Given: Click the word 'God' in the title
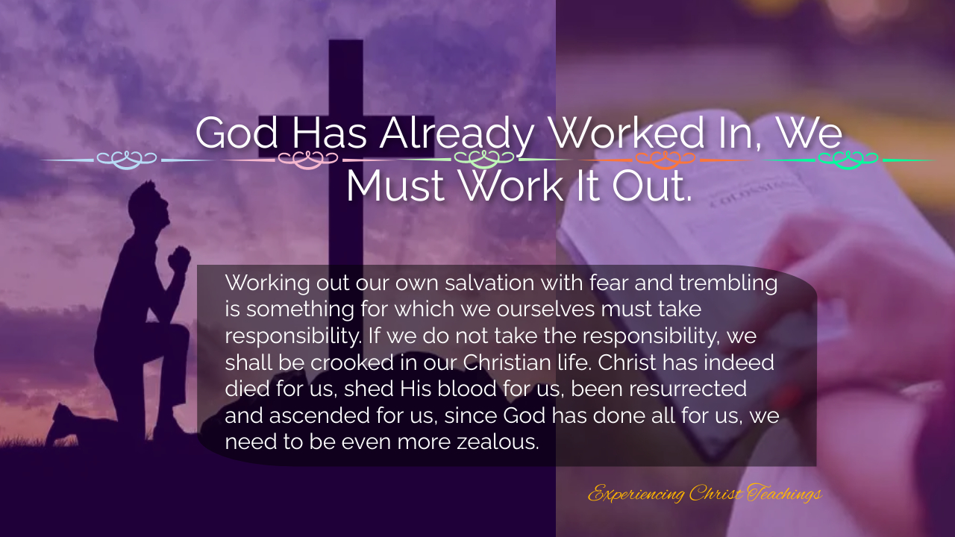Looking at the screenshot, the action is [x=237, y=133].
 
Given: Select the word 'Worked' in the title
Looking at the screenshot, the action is [x=627, y=133].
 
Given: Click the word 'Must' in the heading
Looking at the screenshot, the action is [x=395, y=186].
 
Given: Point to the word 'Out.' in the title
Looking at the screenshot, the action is [x=651, y=186].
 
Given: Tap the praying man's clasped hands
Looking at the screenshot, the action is [x=179, y=258].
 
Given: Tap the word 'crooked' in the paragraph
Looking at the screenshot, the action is [x=351, y=362].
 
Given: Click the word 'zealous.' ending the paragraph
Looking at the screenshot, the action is [x=498, y=442].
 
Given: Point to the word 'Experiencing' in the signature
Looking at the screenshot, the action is [x=636, y=494].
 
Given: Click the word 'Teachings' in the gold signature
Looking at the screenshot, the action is [x=784, y=494].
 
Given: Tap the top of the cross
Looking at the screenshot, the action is [x=345, y=42].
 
